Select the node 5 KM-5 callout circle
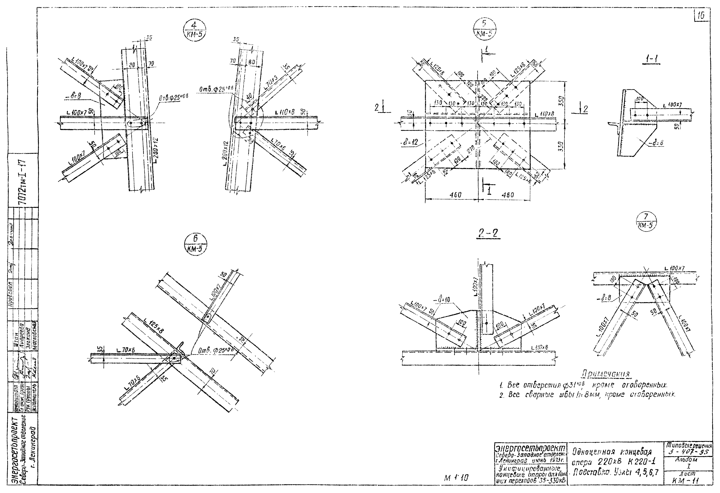coord(484,29)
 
